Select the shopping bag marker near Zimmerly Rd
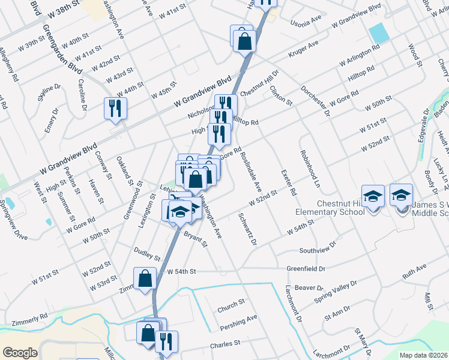(145, 278)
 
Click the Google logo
(20, 353)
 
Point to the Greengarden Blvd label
(62, 45)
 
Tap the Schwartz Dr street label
(247, 229)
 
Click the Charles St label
(225, 344)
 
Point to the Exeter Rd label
(289, 182)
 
